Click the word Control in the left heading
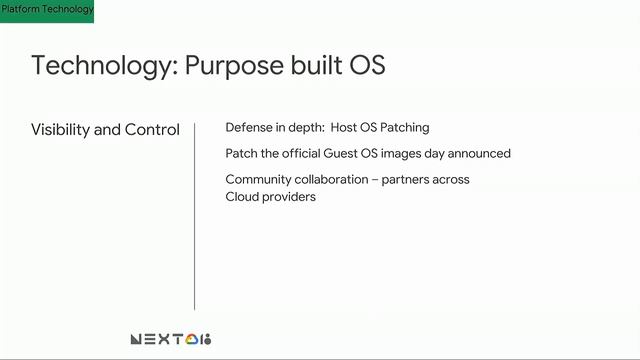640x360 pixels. (156, 130)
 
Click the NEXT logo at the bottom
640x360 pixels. (171, 339)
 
